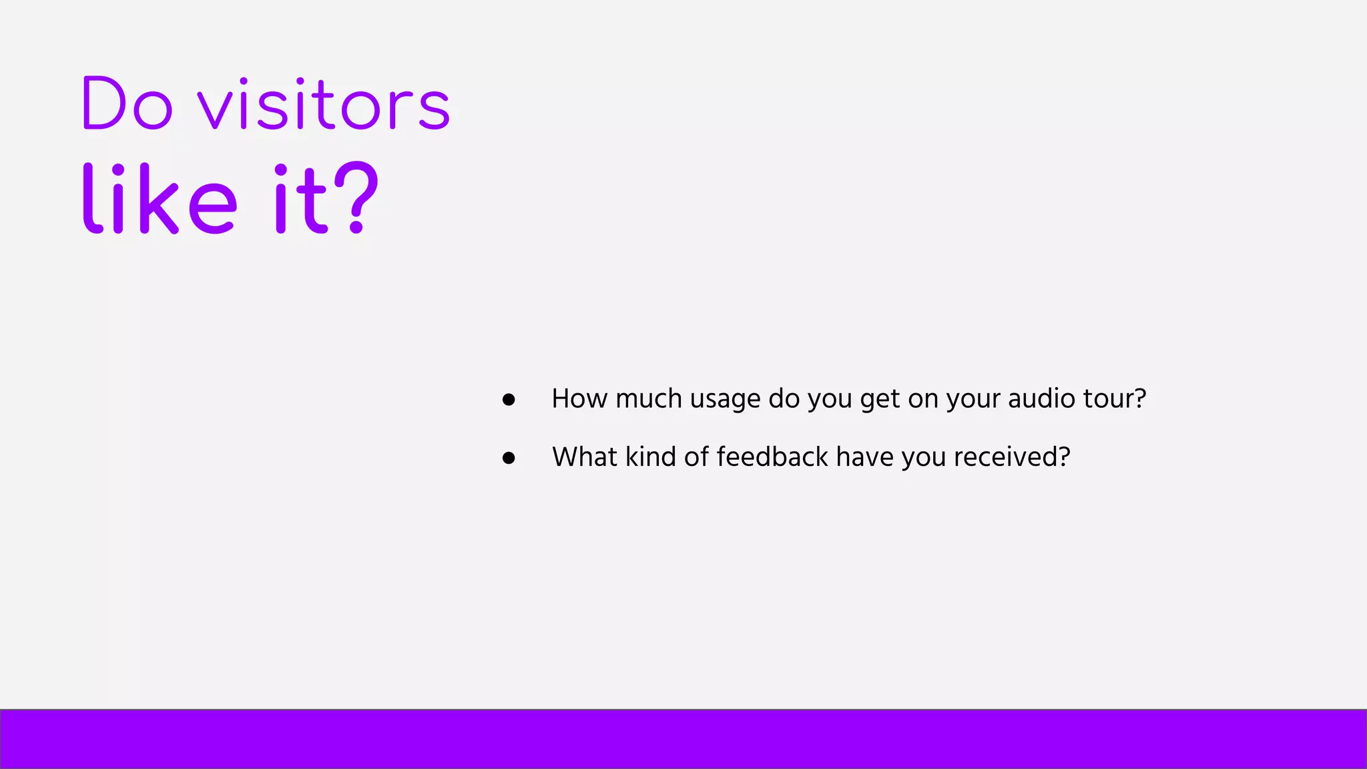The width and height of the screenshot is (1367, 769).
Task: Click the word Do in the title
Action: tap(127, 104)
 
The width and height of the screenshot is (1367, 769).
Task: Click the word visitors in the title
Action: tap(324, 105)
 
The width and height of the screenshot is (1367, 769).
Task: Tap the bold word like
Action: tap(160, 200)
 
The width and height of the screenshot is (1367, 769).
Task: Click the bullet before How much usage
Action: tap(509, 400)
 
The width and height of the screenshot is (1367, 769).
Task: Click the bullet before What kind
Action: tap(509, 458)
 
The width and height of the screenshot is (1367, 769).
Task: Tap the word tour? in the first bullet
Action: tap(1114, 399)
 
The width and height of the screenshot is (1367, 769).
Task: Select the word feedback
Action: tap(772, 457)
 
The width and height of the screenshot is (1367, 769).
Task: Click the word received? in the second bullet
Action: tap(1012, 457)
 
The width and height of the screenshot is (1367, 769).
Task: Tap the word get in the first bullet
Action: tap(880, 399)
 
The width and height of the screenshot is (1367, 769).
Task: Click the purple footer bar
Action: tap(683, 739)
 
